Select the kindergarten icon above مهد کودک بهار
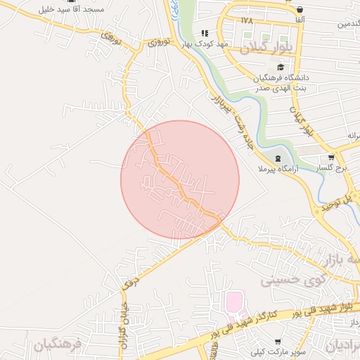[205, 33]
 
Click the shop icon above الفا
[300, 10]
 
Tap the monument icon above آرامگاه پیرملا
[278, 158]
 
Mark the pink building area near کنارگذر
[233, 303]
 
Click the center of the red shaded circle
[180, 179]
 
